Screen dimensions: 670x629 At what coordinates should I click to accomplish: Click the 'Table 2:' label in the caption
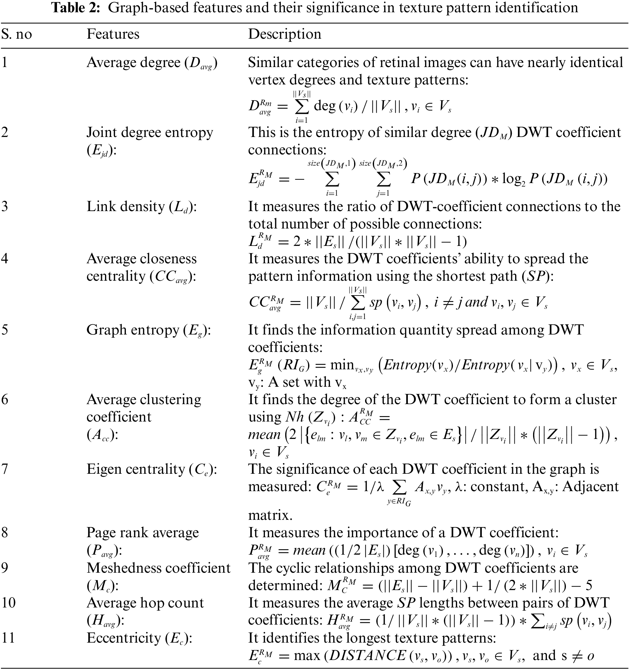pos(76,7)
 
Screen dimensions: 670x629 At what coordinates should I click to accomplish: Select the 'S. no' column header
pos(16,34)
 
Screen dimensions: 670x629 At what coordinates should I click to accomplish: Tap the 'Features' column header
pos(113,34)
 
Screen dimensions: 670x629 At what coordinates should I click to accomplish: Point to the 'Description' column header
pos(285,34)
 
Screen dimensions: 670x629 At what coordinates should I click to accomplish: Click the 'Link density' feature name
pos(126,207)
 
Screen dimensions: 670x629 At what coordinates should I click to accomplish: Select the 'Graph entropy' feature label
pos(132,330)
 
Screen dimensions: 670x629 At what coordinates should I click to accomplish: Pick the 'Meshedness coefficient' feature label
pos(159,568)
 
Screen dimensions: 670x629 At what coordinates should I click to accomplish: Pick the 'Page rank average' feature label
pos(142,533)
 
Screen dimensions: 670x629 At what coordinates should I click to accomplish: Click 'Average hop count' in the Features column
pos(145,603)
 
